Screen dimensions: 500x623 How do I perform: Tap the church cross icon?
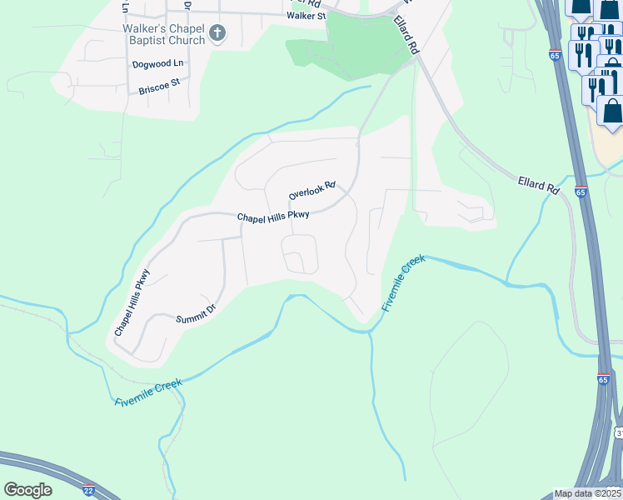217,34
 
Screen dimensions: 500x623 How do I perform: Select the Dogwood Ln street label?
157,63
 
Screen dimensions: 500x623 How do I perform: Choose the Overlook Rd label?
311,190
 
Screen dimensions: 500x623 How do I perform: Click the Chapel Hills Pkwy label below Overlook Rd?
273,217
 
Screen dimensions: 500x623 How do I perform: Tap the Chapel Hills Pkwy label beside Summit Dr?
132,302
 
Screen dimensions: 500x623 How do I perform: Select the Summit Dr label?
196,313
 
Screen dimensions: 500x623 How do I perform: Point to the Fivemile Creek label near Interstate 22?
147,392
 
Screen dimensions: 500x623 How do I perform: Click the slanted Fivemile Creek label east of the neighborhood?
404,283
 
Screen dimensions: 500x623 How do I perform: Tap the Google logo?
27,490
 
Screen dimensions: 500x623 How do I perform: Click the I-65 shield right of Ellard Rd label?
581,192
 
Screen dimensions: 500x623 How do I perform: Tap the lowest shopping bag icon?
611,112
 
